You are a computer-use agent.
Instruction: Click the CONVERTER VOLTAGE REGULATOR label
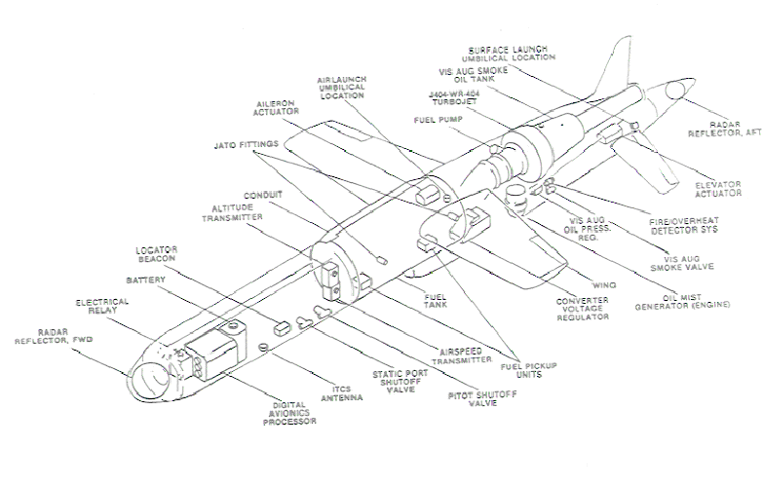point(583,308)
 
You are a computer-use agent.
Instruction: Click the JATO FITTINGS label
point(247,145)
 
